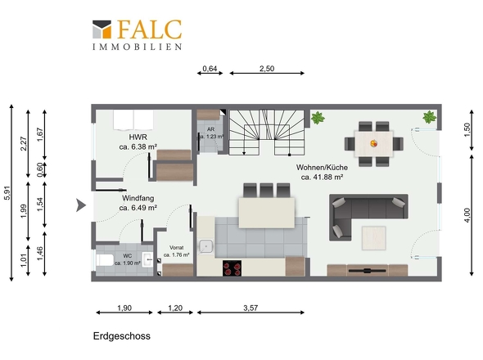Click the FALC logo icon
102,29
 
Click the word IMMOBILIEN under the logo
137,47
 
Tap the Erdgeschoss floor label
122,335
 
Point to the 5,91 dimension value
7,193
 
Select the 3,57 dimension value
251,308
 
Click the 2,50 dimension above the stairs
267,69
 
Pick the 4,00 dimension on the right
467,215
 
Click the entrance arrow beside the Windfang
81,205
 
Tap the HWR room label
138,137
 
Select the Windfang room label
138,198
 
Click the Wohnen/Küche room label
322,167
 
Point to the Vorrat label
177,247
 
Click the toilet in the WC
105,260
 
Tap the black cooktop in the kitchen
232,268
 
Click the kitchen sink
205,246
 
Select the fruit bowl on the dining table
373,143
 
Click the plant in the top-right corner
429,117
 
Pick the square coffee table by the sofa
373,238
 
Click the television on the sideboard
367,271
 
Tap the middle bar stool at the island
266,191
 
